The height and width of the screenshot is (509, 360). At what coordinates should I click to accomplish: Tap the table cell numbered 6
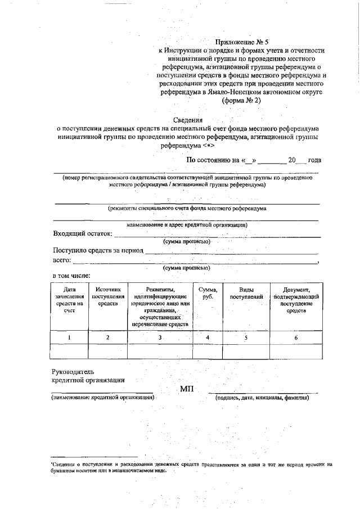click(296, 337)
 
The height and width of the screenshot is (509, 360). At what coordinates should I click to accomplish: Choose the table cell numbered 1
click(69, 337)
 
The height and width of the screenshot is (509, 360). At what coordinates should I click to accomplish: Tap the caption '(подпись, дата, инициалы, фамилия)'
click(263, 398)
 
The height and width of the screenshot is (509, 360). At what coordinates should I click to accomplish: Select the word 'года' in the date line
click(314, 160)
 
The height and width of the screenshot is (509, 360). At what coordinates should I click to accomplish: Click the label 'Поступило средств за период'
click(98, 250)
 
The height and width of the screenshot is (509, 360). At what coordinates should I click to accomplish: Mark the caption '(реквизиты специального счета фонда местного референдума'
click(187, 208)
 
